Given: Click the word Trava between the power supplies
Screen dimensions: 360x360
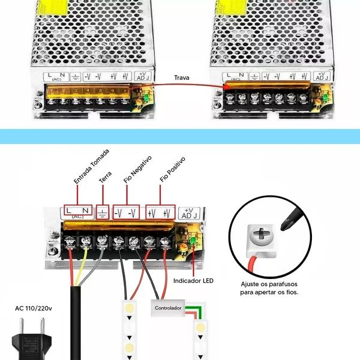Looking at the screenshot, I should (x=182, y=77).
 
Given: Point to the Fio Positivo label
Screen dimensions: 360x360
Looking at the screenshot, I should (x=172, y=170).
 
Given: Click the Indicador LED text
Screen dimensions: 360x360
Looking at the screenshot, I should (x=193, y=281).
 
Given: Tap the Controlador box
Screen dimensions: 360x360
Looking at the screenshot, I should (x=168, y=308).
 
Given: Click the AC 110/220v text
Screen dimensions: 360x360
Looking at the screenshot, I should (x=34, y=309).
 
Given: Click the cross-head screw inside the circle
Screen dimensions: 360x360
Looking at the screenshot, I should (x=260, y=236).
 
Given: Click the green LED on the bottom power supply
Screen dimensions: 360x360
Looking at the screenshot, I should (x=193, y=242).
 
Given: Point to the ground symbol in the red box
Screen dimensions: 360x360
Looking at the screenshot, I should (x=103, y=212).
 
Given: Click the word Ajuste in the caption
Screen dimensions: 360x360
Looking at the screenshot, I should (x=251, y=284).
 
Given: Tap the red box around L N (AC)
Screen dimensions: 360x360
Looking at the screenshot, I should (x=78, y=211).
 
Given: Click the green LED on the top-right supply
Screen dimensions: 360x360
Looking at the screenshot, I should (x=325, y=96).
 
